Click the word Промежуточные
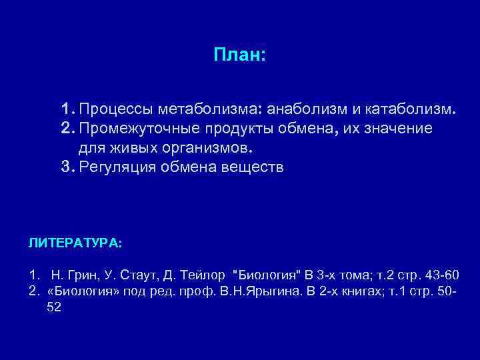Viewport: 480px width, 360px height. coord(137,127)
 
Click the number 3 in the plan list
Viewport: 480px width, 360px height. coord(65,167)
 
